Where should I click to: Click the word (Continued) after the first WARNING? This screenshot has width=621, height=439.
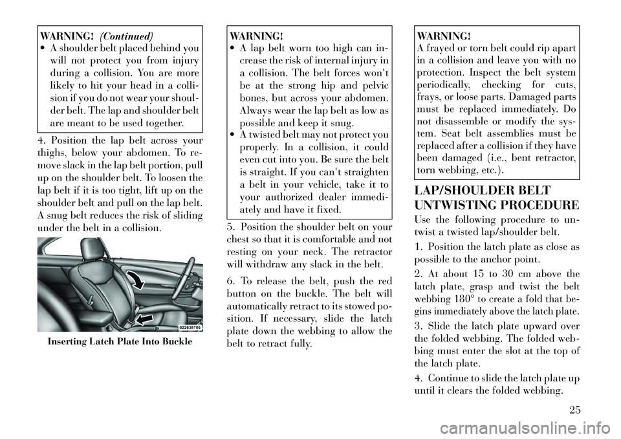click(x=127, y=35)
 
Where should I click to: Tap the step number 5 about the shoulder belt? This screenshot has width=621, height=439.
click(x=232, y=226)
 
